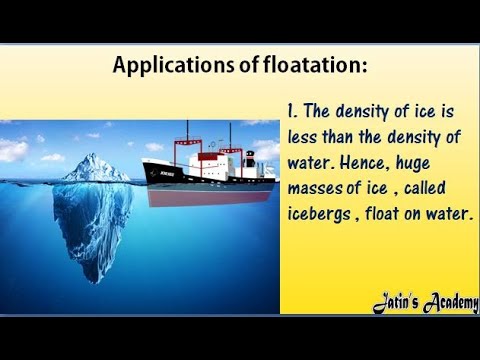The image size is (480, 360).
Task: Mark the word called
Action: (x=431, y=187)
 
